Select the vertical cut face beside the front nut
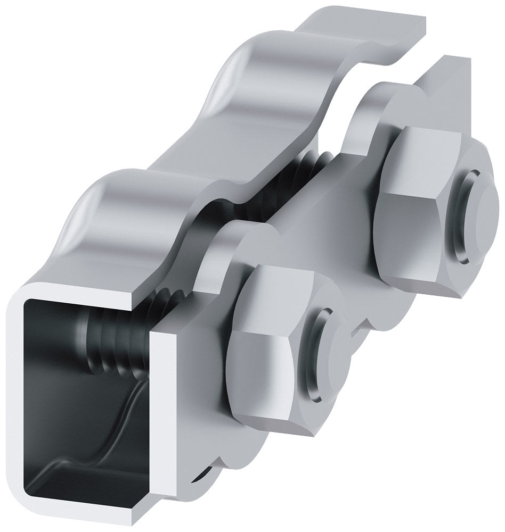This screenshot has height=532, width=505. point(160,399)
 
